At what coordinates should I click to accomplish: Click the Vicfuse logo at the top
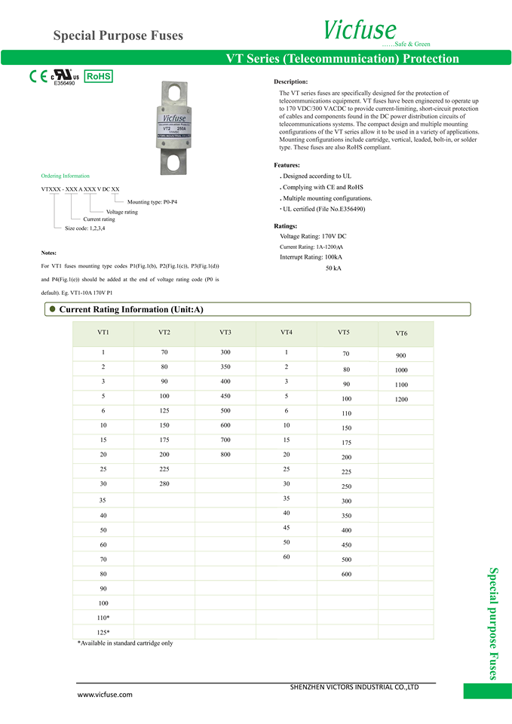point(360,29)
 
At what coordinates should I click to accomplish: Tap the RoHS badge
point(98,77)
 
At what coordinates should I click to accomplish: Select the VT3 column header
point(225,333)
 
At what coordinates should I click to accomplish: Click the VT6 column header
point(401,333)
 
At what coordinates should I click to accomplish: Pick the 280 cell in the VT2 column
point(164,483)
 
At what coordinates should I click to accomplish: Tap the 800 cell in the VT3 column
point(225,454)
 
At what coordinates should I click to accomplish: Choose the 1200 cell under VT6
point(401,399)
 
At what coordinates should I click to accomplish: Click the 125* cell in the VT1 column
point(103,631)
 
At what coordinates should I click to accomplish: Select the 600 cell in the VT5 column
point(346,574)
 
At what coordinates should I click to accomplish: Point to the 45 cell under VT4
point(287,528)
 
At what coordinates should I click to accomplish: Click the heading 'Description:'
point(290,81)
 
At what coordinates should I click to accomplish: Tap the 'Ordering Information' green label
point(65,176)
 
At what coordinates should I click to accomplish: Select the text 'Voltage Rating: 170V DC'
point(313,237)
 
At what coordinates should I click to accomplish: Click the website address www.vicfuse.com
point(106,695)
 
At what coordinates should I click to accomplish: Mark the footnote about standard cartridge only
point(125,643)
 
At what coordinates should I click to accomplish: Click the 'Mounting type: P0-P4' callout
point(152,202)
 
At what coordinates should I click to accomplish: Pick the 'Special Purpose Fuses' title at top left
point(118,35)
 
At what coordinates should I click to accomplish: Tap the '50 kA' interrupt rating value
point(333,268)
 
